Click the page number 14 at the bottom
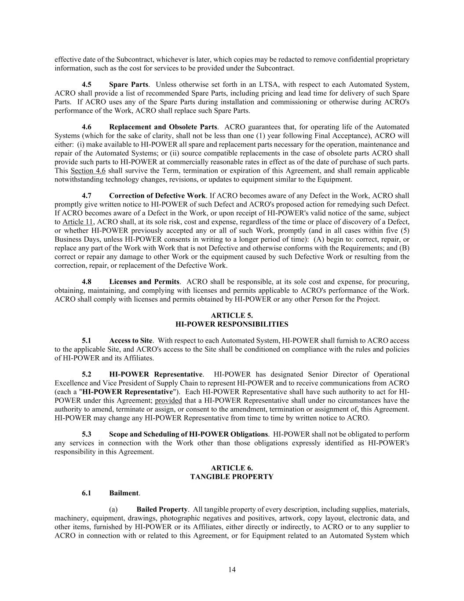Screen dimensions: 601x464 click(232, 570)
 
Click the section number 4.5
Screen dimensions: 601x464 click(87, 85)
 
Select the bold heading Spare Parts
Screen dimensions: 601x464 click(128, 85)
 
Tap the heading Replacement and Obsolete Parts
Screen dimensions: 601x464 click(163, 127)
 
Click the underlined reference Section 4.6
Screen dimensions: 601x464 click(88, 171)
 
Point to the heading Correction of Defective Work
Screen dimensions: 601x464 click(157, 195)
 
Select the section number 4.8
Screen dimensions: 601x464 click(87, 282)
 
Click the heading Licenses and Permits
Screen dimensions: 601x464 click(144, 282)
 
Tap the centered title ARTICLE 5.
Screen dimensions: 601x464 click(232, 315)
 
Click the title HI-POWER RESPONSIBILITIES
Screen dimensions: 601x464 click(232, 324)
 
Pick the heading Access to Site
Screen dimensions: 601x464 click(131, 340)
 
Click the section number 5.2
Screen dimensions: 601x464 click(87, 374)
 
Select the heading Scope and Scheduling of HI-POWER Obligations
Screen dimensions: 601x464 click(188, 434)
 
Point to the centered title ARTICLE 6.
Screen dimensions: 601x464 click(232, 468)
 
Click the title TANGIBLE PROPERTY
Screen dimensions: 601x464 click(232, 476)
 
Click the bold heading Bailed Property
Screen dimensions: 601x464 click(162, 509)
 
